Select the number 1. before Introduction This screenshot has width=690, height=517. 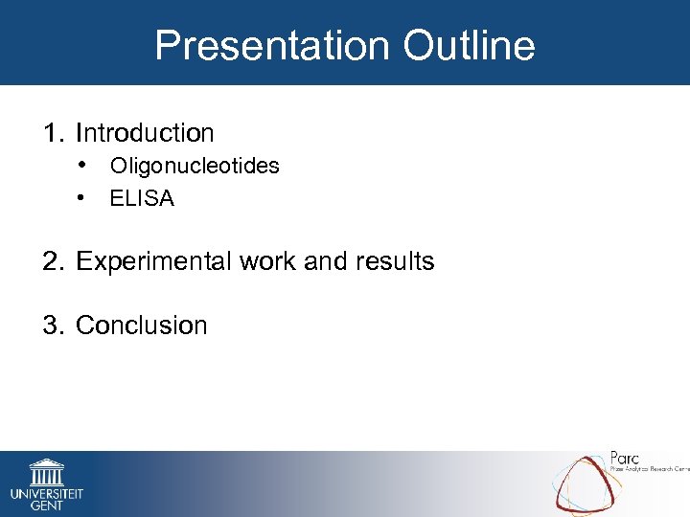[54, 133]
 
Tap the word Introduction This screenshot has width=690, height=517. [145, 133]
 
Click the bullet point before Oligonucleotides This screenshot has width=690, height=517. [85, 166]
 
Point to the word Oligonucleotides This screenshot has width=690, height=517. [195, 166]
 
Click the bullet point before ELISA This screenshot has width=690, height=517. [85, 198]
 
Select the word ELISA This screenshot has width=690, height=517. [142, 198]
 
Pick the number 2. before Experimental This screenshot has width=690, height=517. [54, 261]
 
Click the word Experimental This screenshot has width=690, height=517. [154, 261]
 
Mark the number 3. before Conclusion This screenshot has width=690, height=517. [54, 326]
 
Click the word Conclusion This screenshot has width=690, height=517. [141, 326]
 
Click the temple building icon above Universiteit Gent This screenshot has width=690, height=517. [46, 472]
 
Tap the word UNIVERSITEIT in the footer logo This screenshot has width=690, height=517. [46, 493]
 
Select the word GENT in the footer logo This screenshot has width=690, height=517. [46, 506]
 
